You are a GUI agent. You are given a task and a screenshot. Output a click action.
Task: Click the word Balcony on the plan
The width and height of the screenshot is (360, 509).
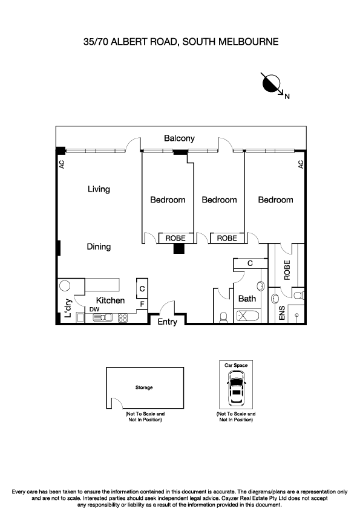click(179, 138)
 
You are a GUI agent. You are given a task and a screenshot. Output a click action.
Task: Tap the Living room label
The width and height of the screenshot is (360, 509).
click(99, 189)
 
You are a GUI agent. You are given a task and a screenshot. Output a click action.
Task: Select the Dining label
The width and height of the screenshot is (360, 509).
click(98, 247)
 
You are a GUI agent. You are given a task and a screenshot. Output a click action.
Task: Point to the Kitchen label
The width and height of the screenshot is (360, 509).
click(110, 300)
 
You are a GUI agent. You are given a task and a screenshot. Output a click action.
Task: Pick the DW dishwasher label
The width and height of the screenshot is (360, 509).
click(94, 310)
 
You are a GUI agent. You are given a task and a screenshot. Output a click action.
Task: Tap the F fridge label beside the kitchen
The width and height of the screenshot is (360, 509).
click(142, 303)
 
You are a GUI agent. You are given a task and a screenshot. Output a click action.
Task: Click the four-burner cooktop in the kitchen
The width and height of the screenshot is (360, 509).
click(123, 317)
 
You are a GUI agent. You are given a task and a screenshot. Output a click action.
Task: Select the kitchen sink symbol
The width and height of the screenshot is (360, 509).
click(99, 317)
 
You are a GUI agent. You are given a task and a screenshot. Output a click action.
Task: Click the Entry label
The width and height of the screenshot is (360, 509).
click(167, 322)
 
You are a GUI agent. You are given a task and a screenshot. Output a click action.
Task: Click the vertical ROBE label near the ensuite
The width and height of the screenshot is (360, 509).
click(287, 268)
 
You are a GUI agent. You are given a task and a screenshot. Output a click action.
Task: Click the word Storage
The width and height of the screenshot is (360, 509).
click(144, 387)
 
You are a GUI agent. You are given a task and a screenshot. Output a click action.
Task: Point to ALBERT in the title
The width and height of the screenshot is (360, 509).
click(125, 42)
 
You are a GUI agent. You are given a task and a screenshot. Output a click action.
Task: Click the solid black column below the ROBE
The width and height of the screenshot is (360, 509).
click(179, 247)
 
